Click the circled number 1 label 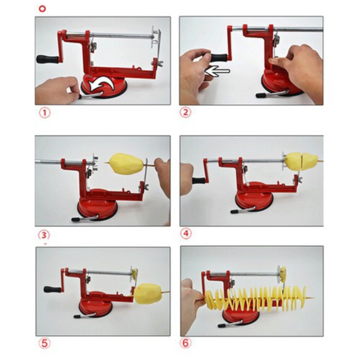click(45, 113)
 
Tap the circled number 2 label click(185, 112)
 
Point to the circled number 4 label click(186, 233)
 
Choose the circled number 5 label click(44, 343)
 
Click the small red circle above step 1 click(43, 9)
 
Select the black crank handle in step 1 click(47, 59)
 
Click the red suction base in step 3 click(98, 204)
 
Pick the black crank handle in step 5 click(53, 289)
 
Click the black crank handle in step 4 click(199, 180)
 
